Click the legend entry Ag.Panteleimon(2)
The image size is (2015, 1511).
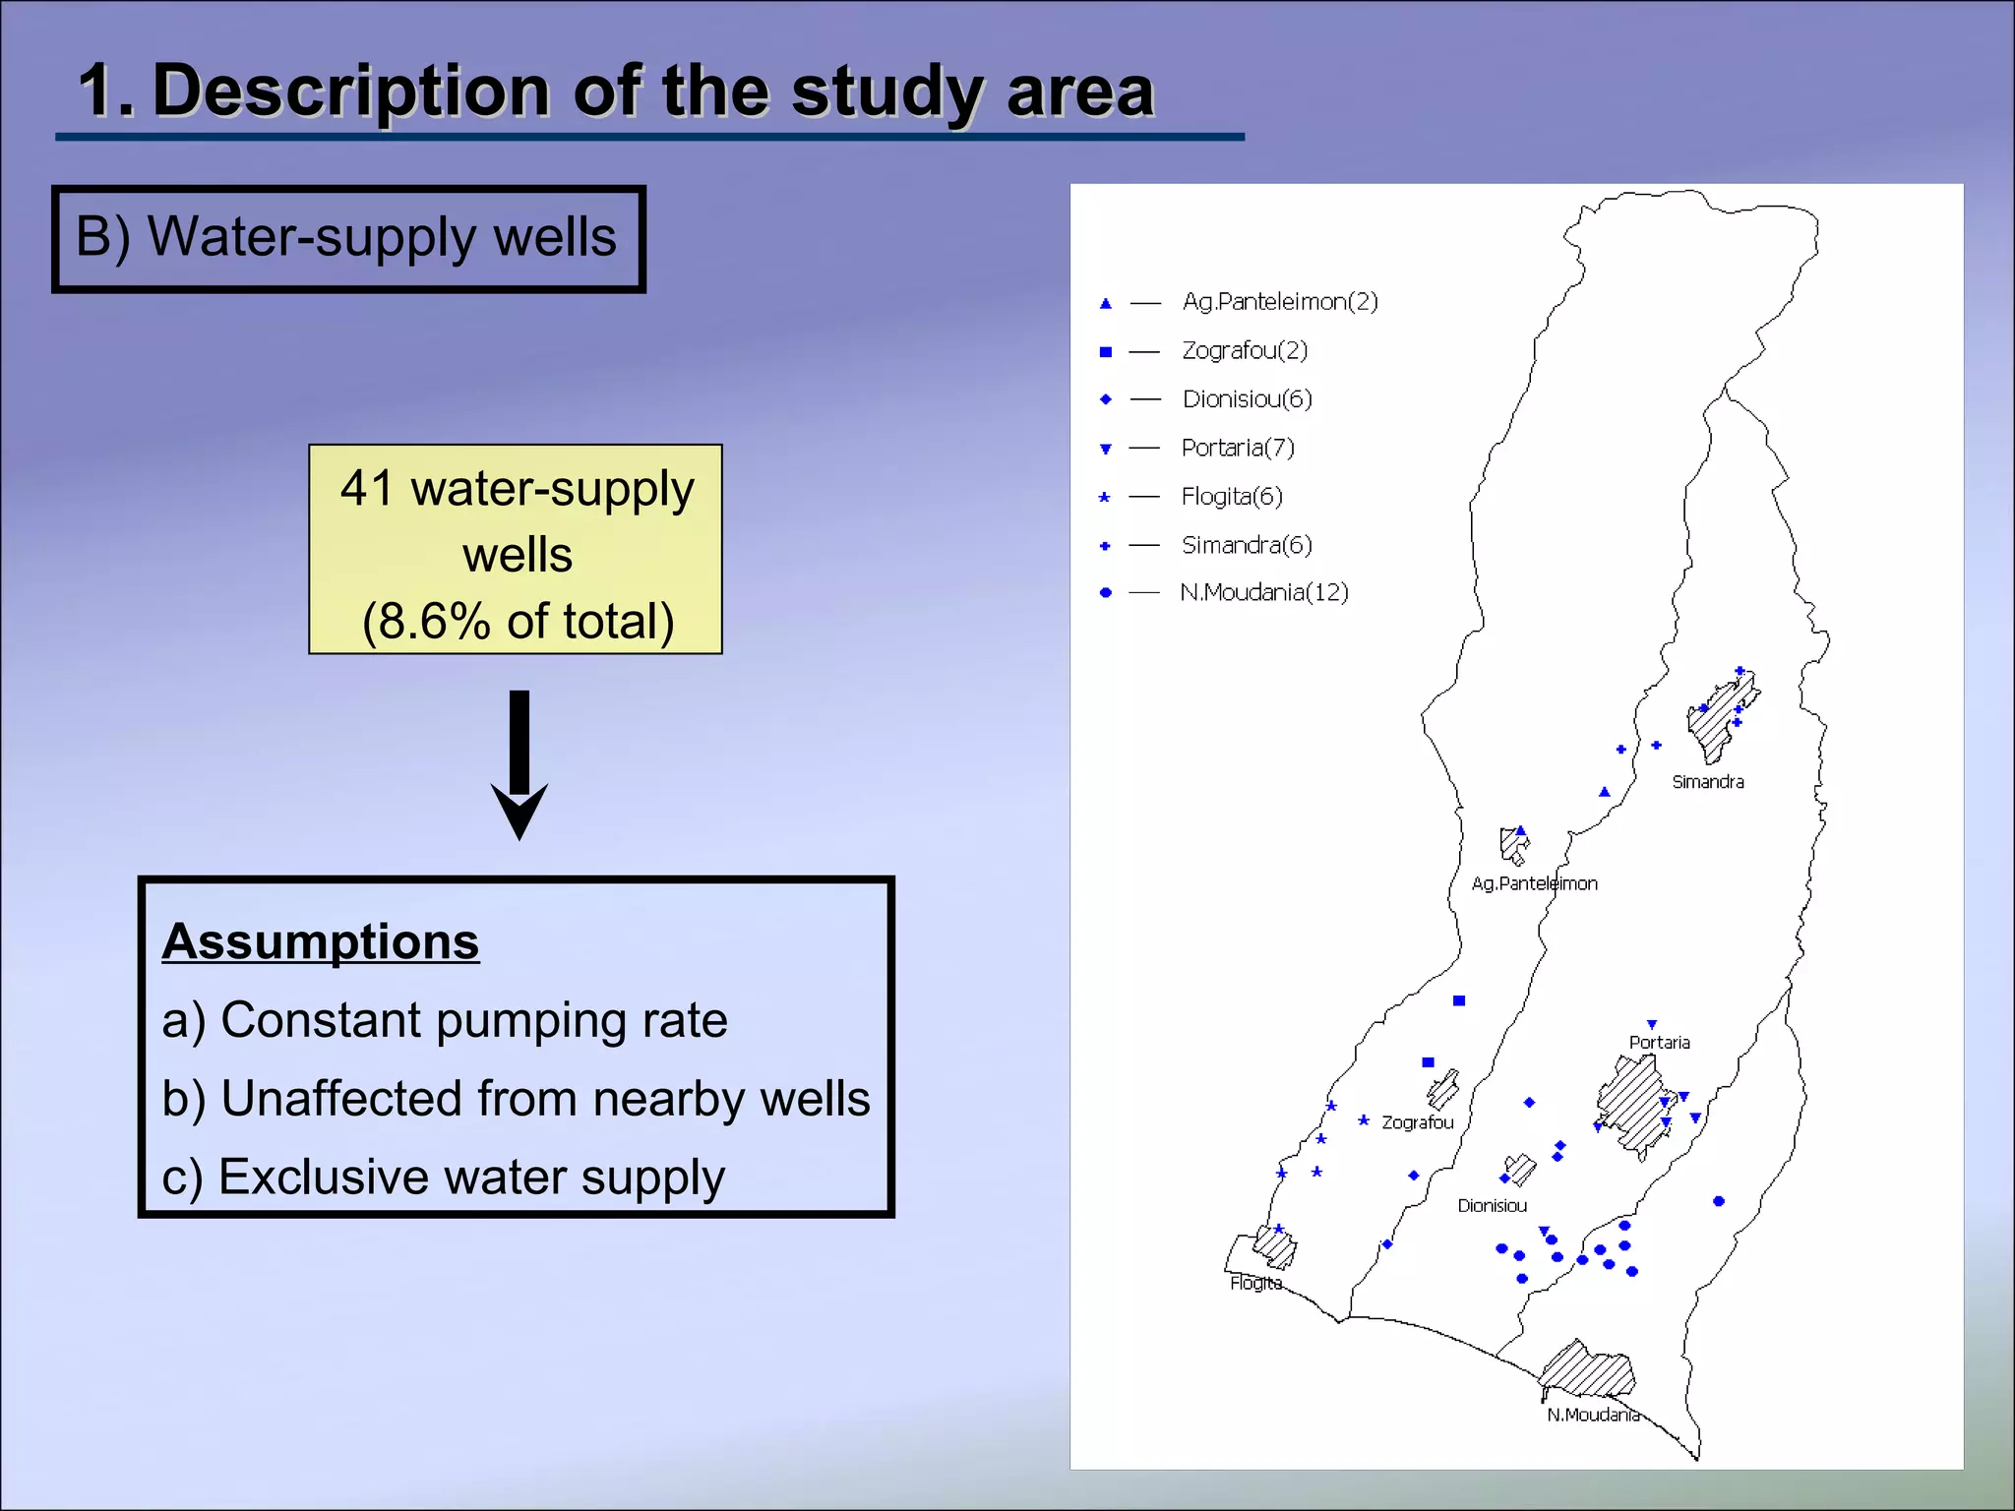(x=1279, y=302)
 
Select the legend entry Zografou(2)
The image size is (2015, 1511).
(x=1244, y=351)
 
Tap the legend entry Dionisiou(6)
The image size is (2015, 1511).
(x=1247, y=399)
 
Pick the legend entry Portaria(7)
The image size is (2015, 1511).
(x=1237, y=449)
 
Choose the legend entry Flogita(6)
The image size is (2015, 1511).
(x=1231, y=497)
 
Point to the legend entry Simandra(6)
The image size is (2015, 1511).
(x=1246, y=545)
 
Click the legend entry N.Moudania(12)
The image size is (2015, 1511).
(x=1263, y=592)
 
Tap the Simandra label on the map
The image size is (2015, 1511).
(x=1707, y=782)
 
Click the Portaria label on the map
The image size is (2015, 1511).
(x=1659, y=1043)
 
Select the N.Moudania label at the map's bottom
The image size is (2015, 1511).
(x=1593, y=1415)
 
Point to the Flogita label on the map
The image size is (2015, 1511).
(x=1255, y=1283)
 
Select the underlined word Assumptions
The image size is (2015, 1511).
(x=321, y=941)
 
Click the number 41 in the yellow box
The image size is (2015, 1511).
(x=366, y=489)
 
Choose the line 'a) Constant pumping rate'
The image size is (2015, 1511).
(x=445, y=1020)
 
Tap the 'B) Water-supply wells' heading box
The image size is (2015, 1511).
(x=348, y=239)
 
